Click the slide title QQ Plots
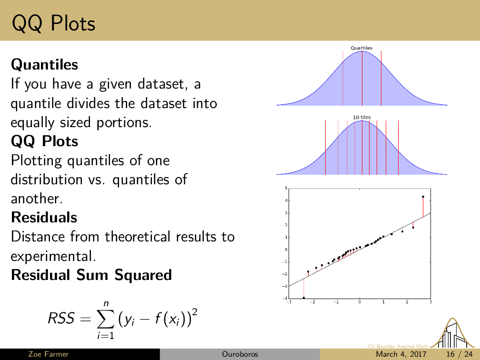(x=53, y=24)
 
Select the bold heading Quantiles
(x=44, y=65)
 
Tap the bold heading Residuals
(x=44, y=217)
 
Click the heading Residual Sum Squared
(x=91, y=275)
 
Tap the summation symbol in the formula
(x=106, y=319)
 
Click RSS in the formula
(x=61, y=319)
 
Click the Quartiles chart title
(x=361, y=48)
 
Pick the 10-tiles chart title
(x=361, y=117)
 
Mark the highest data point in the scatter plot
(x=423, y=197)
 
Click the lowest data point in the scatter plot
(x=304, y=298)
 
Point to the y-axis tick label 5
(x=286, y=188)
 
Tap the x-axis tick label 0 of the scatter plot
(x=360, y=302)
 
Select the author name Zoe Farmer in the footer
(x=49, y=354)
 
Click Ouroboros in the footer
(x=240, y=354)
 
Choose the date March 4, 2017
(x=401, y=354)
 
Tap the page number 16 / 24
(x=459, y=354)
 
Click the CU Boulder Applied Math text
(x=398, y=346)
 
